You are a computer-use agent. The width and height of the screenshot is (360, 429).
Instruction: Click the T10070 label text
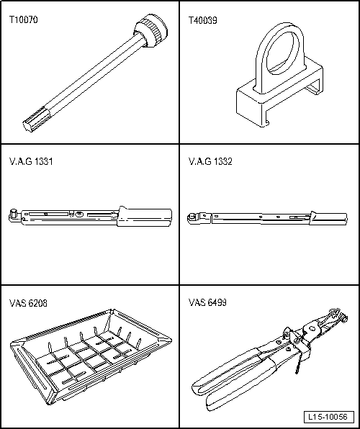[x=24, y=21]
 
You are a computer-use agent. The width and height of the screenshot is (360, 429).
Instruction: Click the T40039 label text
[x=203, y=21]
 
